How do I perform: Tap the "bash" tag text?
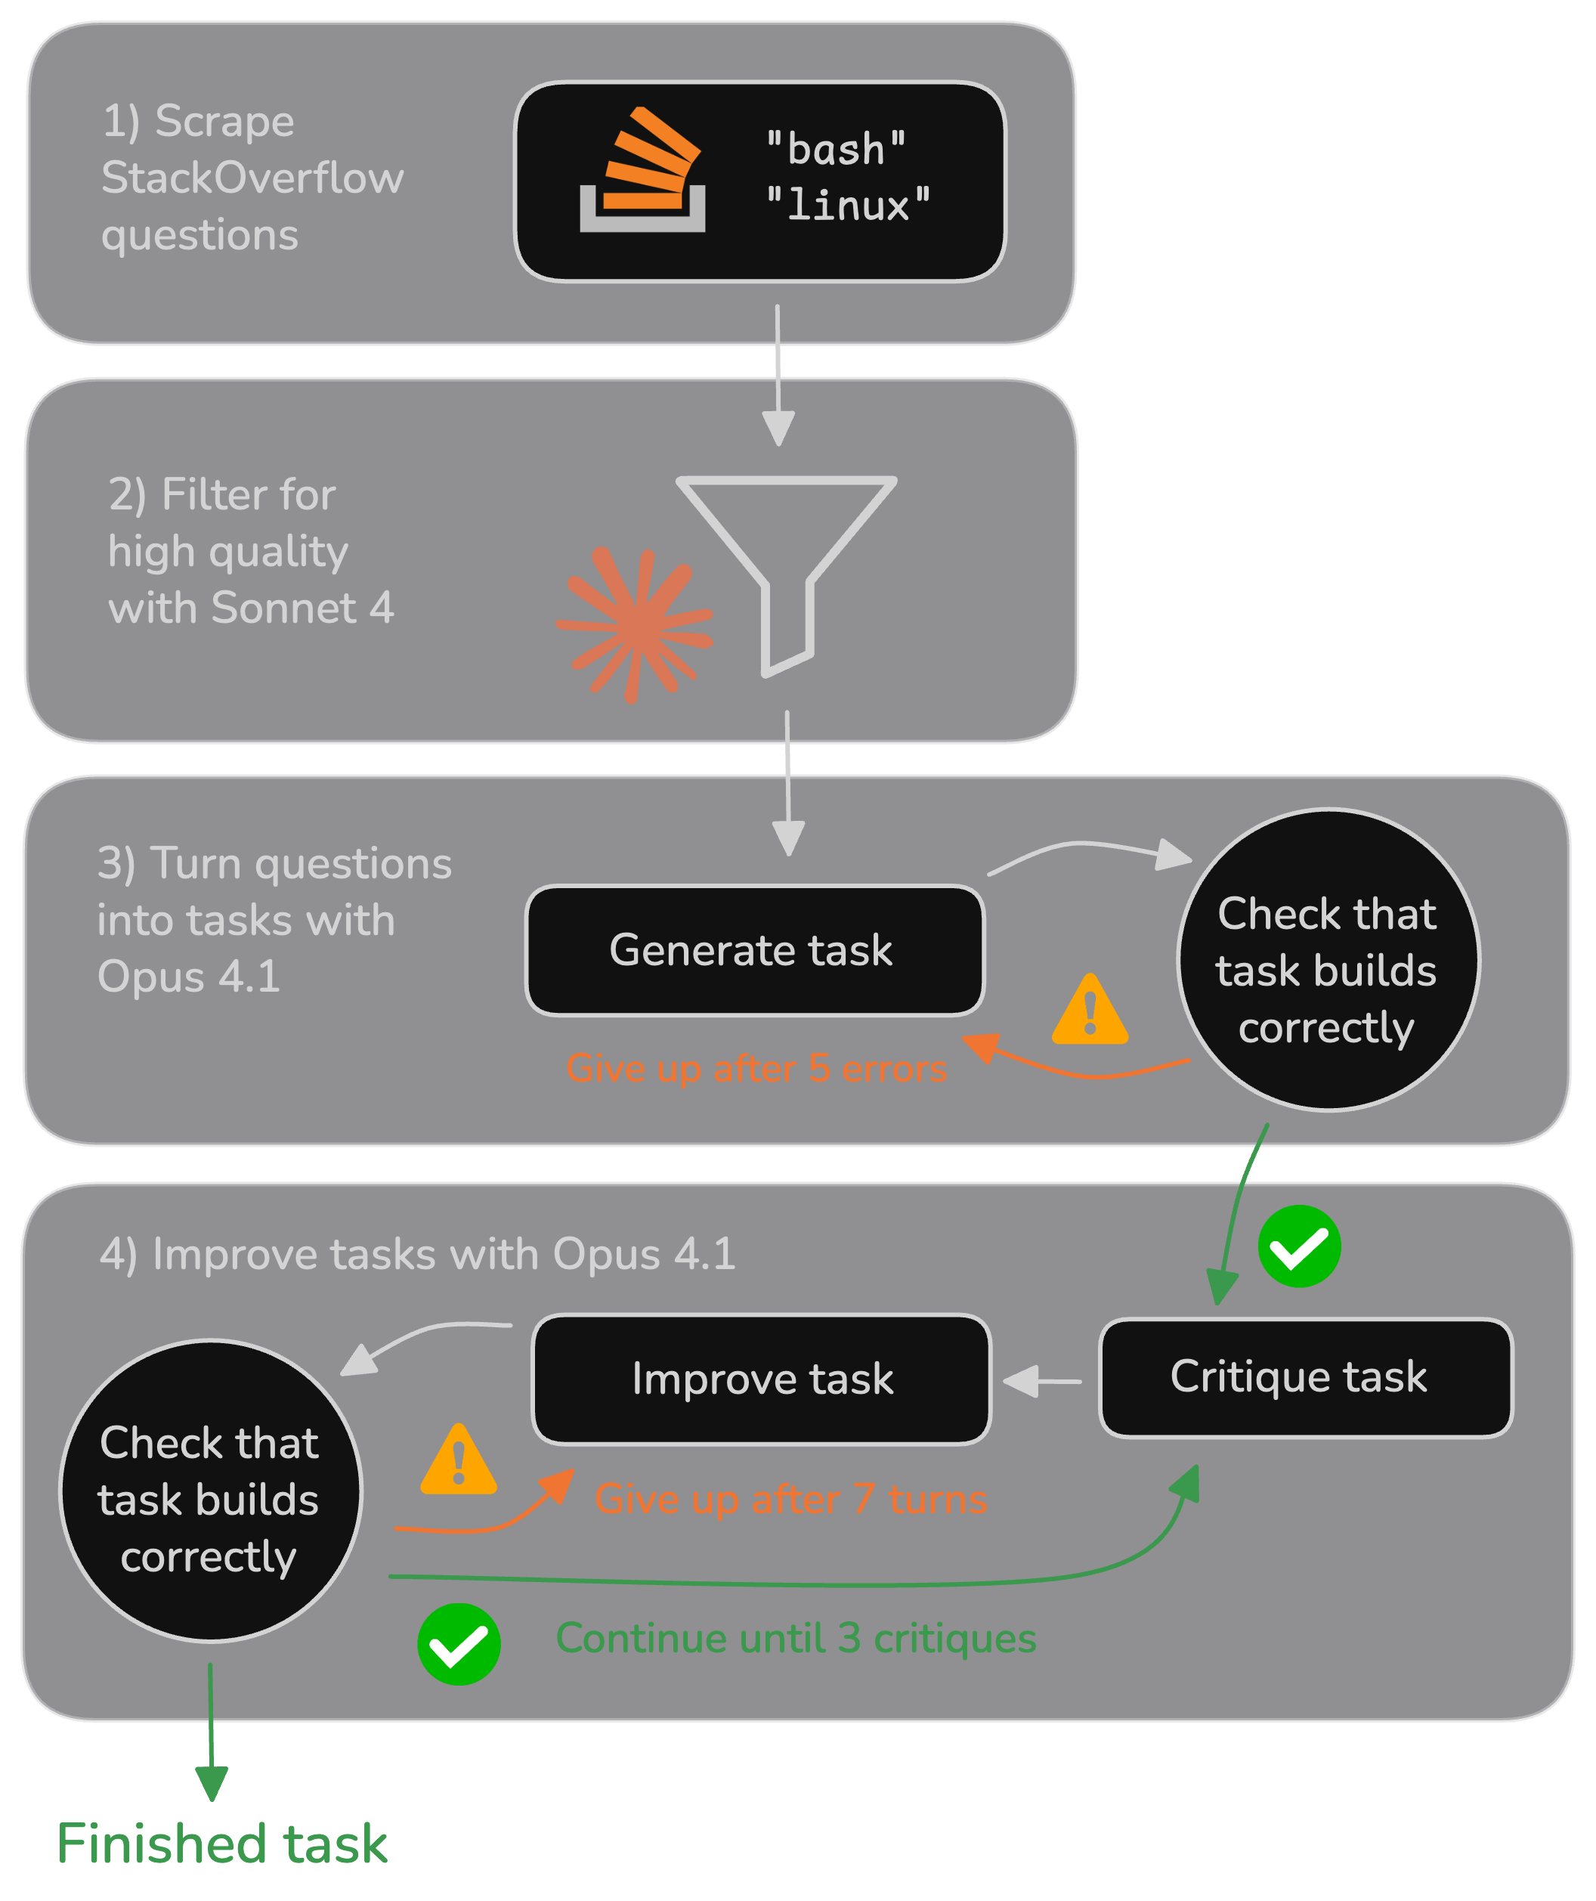coord(836,148)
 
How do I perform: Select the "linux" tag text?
coord(847,206)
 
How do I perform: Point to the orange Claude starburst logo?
coord(636,624)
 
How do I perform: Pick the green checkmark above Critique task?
coord(1299,1246)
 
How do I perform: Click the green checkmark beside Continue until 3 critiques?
coord(459,1644)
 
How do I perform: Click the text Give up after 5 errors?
coord(756,1069)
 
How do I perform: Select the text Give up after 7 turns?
coord(790,1499)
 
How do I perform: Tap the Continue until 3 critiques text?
coord(796,1639)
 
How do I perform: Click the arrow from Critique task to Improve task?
coord(1042,1382)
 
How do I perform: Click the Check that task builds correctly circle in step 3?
coord(1327,959)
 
